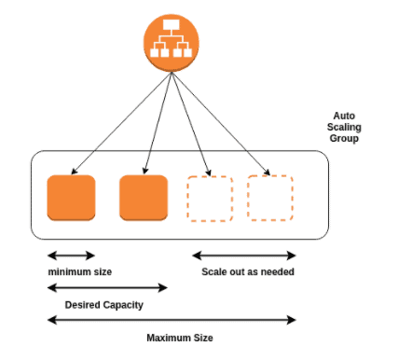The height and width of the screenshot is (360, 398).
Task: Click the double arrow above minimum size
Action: click(71, 255)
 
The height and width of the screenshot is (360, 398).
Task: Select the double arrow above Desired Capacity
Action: click(107, 287)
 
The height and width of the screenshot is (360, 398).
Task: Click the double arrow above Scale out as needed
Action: click(244, 255)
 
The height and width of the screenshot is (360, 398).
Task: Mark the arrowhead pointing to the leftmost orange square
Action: click(75, 169)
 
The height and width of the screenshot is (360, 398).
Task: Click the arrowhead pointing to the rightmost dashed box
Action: click(268, 172)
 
